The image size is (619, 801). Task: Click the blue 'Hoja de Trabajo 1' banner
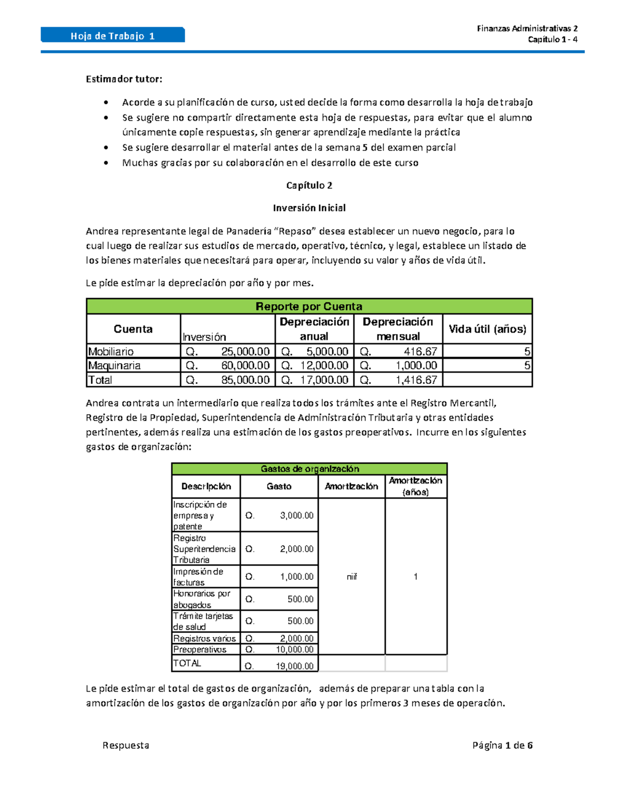(x=112, y=36)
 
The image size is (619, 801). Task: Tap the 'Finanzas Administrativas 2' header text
(x=527, y=28)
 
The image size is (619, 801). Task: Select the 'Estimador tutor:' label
(x=124, y=79)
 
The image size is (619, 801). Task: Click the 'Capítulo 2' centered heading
(x=309, y=185)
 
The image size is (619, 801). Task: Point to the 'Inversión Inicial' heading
(x=309, y=208)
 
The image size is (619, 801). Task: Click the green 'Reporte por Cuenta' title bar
(x=309, y=306)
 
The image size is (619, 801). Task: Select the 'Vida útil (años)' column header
(x=487, y=329)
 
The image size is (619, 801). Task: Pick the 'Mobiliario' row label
(x=111, y=352)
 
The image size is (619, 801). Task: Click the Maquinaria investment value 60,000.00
(x=245, y=366)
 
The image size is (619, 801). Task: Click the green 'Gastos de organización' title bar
(x=309, y=469)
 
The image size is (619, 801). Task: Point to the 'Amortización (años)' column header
(x=415, y=486)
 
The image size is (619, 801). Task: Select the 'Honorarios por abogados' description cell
(x=202, y=599)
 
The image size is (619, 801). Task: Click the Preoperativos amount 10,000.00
(x=294, y=649)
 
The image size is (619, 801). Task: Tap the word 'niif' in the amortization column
(x=352, y=577)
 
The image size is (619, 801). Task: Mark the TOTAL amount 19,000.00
(x=294, y=666)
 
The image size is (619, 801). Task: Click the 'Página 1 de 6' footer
(x=502, y=745)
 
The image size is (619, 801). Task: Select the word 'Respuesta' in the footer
(x=126, y=745)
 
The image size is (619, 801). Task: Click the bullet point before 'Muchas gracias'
(x=106, y=163)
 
